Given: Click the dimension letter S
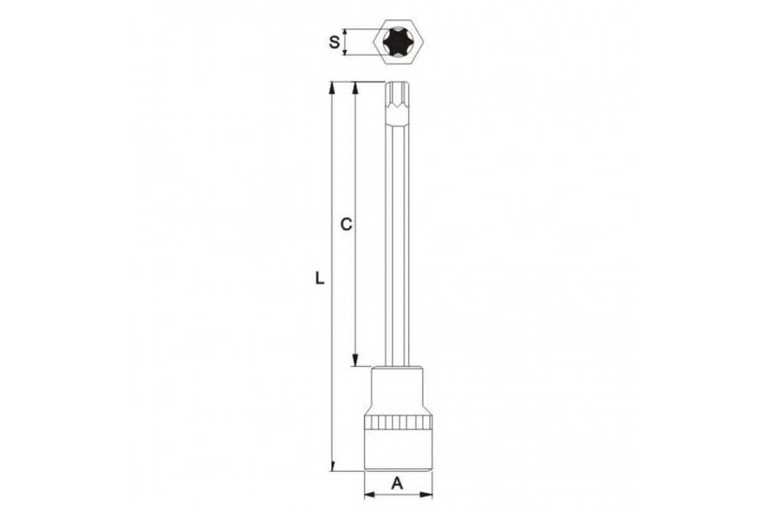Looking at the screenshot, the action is (334, 42).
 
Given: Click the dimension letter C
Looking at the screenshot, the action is (346, 225).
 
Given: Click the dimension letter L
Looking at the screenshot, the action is (319, 278).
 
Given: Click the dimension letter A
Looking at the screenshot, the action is (397, 484).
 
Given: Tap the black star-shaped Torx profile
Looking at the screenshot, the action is (394, 42).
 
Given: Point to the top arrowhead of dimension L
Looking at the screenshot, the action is (331, 88).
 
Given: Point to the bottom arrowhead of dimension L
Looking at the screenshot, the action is (332, 466).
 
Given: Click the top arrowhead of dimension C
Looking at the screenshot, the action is (356, 88).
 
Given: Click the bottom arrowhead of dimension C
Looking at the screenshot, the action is (356, 360).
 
